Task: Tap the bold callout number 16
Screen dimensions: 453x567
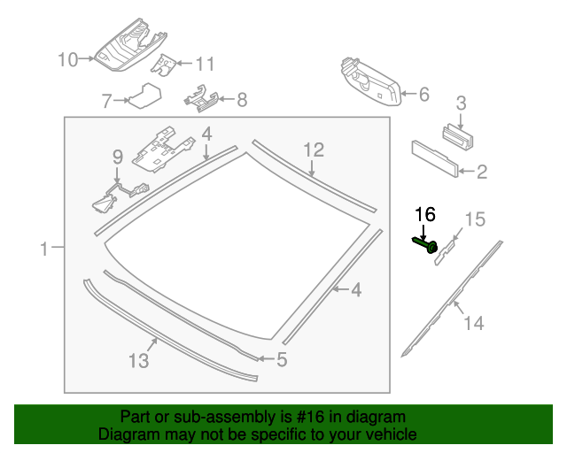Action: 425,215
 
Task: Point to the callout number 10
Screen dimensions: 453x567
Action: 68,59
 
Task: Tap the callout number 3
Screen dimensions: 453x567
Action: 461,103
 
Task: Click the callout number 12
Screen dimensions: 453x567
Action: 315,150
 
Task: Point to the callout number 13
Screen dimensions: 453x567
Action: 138,361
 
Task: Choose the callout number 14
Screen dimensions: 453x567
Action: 474,324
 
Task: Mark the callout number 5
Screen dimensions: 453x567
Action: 282,359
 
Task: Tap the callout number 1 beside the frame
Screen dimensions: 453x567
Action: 45,250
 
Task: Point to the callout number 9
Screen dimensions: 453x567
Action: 116,157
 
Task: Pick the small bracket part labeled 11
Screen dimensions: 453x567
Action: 163,64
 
